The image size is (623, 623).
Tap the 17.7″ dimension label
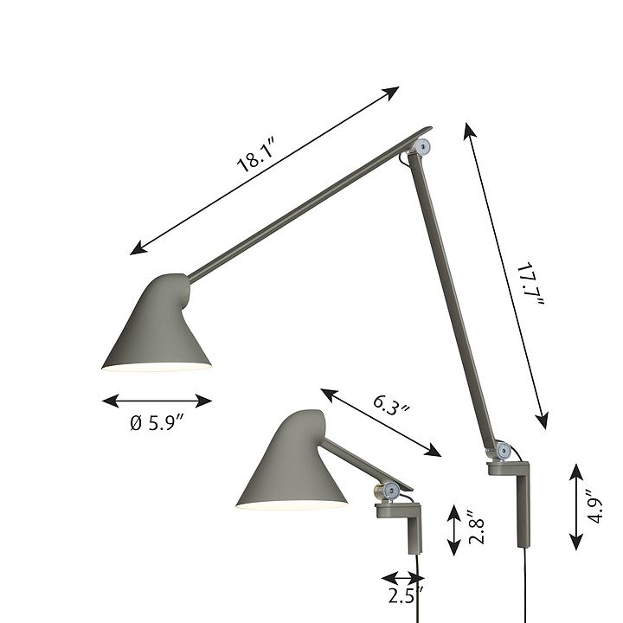pos(530,284)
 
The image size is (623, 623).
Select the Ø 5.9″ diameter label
pos(157,423)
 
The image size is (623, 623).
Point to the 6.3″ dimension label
pos(391,405)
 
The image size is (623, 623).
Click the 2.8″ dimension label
pos(477,527)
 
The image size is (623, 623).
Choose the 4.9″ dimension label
pos(595,506)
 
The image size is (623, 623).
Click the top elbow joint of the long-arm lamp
pos(422,146)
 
